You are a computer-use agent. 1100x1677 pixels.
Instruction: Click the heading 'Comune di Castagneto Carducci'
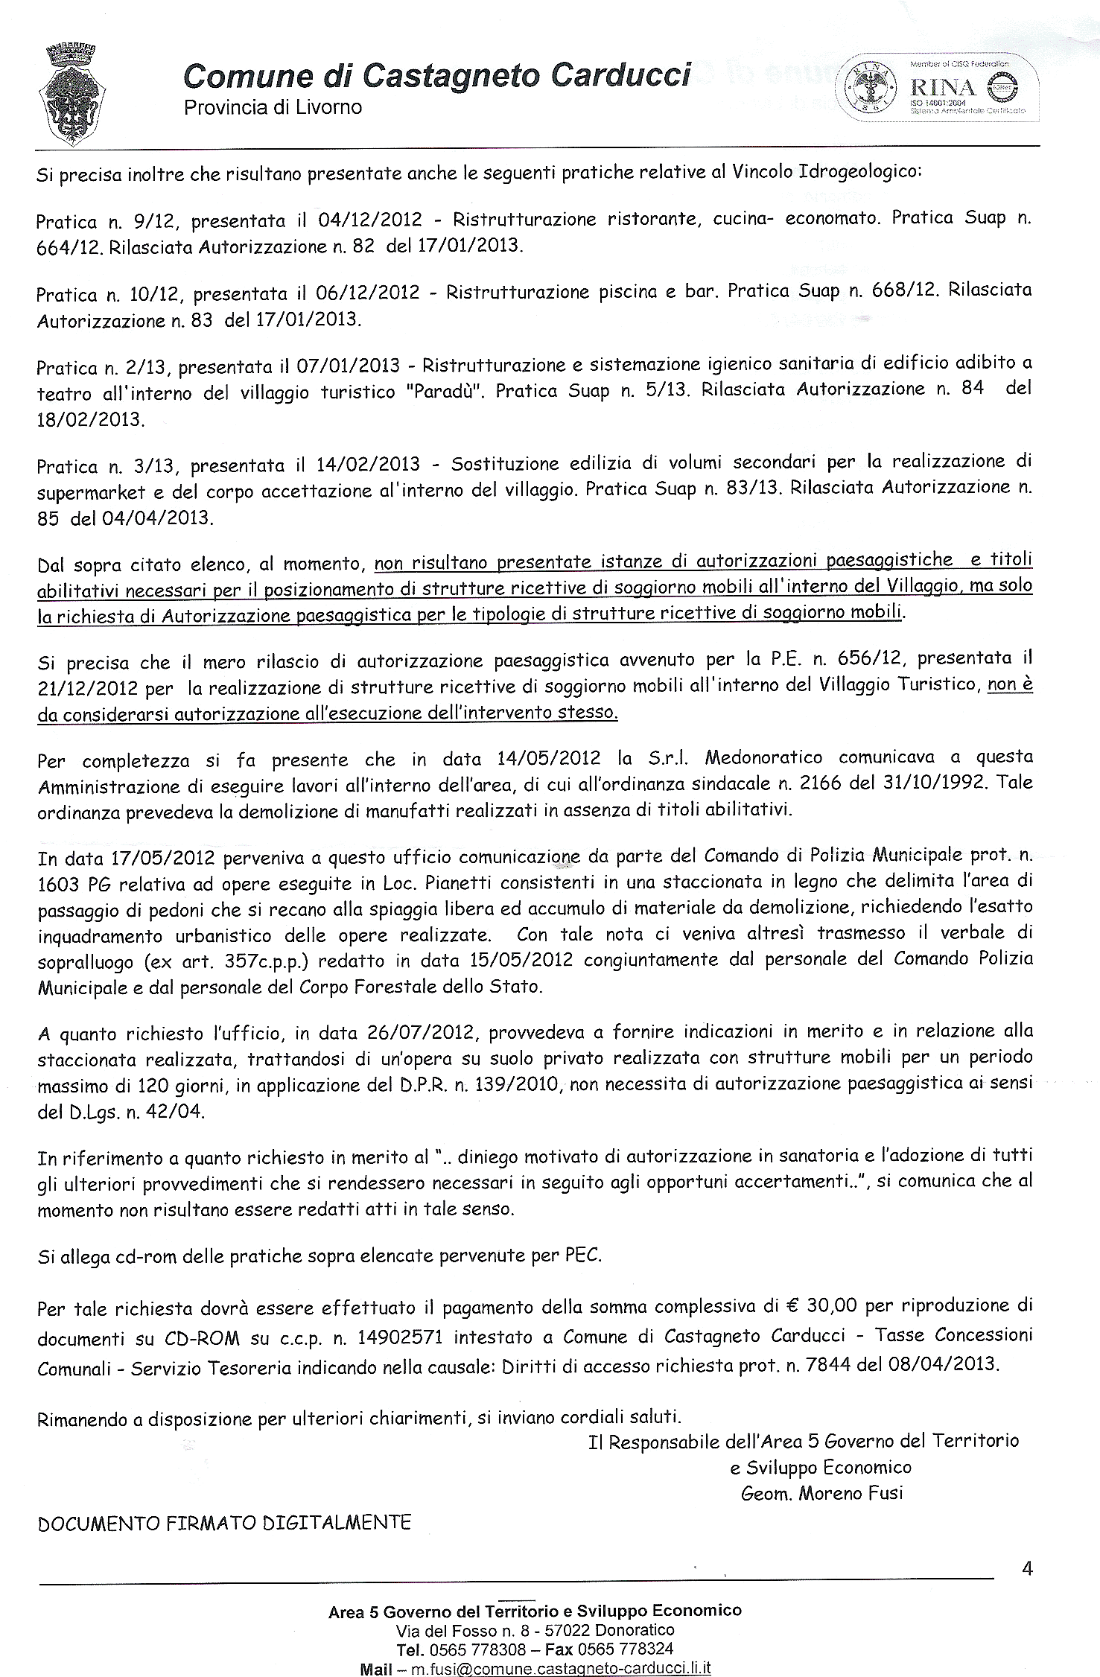click(437, 76)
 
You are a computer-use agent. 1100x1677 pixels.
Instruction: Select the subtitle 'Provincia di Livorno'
click(273, 107)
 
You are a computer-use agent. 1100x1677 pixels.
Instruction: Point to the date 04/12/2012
click(369, 220)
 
